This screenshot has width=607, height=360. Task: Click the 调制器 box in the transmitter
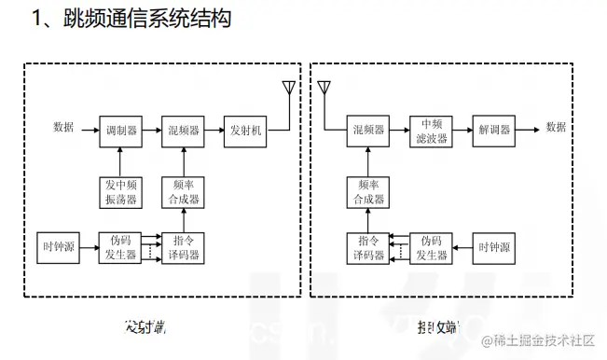click(x=120, y=132)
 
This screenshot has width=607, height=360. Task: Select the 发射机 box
click(x=245, y=132)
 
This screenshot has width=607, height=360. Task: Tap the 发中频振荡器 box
click(x=120, y=191)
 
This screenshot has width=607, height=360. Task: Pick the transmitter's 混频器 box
click(x=182, y=132)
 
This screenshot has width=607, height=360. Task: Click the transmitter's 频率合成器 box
click(x=182, y=191)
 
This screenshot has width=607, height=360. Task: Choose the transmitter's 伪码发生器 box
click(x=120, y=247)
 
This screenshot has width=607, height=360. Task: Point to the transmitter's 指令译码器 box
click(x=182, y=247)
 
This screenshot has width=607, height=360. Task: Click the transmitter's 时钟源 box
click(x=59, y=247)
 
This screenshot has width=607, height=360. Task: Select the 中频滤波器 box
click(x=430, y=131)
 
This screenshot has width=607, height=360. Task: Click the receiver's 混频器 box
click(x=367, y=131)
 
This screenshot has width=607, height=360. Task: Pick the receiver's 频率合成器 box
click(x=367, y=191)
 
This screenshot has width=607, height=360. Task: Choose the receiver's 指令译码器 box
click(x=367, y=247)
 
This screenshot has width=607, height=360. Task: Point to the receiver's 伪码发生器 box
click(x=430, y=247)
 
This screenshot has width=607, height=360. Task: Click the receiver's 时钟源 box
click(x=493, y=247)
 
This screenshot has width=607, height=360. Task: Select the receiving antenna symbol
click(x=323, y=90)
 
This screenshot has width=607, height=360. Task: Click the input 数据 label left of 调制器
click(x=63, y=128)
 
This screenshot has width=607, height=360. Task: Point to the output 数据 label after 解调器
click(x=556, y=128)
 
